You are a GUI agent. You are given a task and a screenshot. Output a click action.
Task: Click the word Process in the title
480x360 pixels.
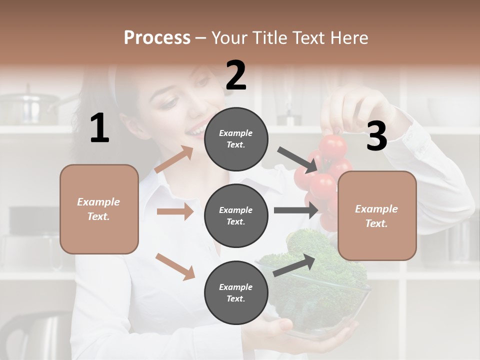(157, 37)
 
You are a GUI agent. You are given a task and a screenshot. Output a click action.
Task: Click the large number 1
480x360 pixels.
(99, 128)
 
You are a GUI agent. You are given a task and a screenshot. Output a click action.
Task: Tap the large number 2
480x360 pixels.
(236, 75)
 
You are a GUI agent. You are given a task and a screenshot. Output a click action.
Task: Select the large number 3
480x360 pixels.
(376, 136)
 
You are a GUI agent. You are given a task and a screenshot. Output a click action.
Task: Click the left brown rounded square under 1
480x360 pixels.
(99, 209)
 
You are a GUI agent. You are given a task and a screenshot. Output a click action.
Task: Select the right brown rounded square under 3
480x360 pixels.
(377, 216)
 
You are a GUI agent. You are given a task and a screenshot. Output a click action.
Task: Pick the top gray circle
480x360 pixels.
(236, 138)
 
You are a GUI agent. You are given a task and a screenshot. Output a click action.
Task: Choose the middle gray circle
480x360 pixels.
(236, 215)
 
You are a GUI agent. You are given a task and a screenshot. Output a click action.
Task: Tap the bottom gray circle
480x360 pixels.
(236, 292)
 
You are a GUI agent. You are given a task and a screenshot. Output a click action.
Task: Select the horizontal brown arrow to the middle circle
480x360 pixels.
(175, 211)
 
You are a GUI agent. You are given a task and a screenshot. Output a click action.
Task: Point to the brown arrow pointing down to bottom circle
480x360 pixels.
(175, 266)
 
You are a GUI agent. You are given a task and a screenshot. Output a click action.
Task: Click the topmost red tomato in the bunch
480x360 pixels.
(332, 146)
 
